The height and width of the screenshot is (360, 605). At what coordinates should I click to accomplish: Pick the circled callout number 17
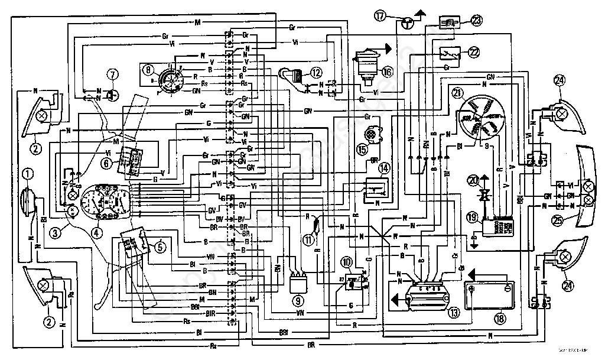[379, 17]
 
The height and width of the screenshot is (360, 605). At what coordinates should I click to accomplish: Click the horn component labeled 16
[366, 63]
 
